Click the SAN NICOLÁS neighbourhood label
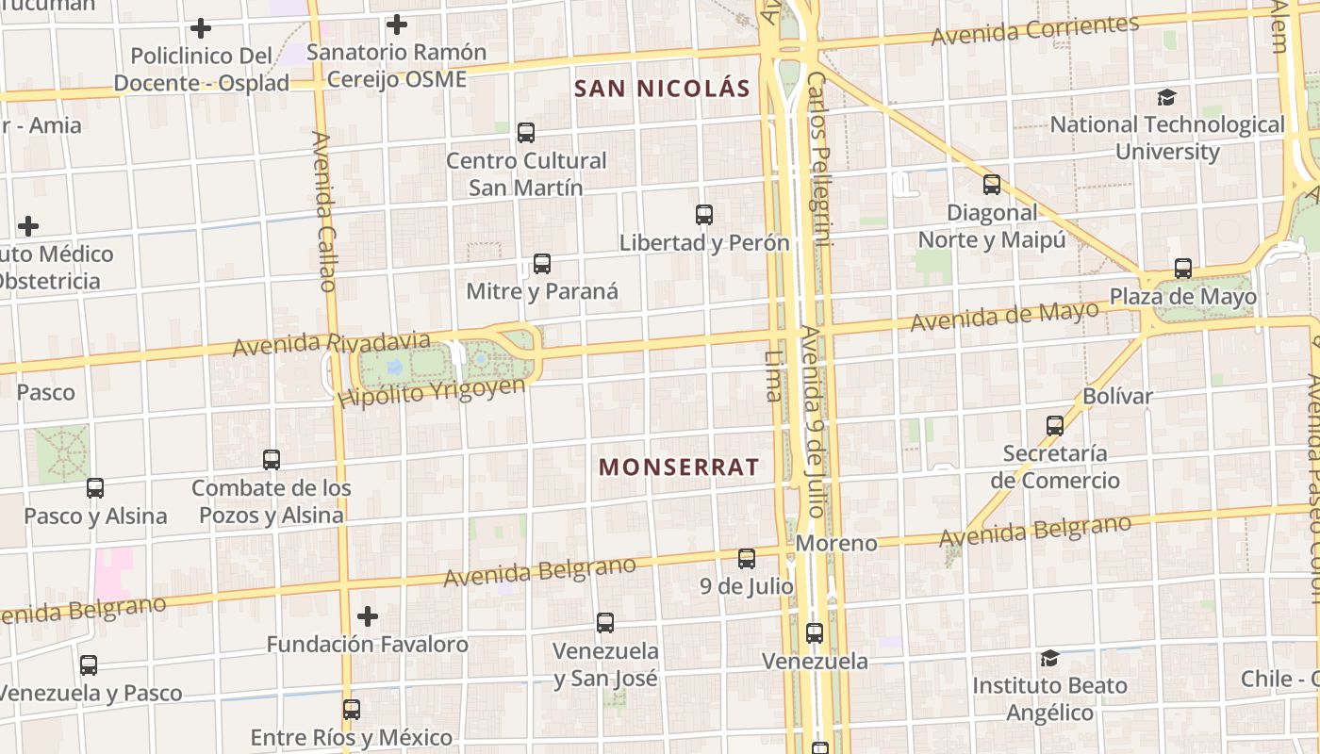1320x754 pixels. tap(662, 90)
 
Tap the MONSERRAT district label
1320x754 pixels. tap(679, 467)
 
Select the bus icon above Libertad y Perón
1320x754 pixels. tap(704, 215)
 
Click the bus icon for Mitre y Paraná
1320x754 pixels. tap(542, 264)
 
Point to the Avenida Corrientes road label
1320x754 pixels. tap(1034, 30)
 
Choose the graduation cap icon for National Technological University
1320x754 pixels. tap(1167, 97)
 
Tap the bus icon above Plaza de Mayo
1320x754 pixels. tap(1183, 269)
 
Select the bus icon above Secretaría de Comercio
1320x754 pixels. tap(1055, 426)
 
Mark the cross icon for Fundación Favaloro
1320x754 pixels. tap(368, 616)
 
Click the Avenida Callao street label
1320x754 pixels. tap(323, 211)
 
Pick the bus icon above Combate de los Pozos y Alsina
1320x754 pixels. tap(272, 460)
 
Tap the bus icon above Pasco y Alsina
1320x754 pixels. tap(95, 488)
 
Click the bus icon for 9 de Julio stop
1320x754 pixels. tap(747, 559)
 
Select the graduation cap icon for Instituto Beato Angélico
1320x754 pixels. tap(1049, 658)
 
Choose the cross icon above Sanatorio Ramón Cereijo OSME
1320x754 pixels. tap(397, 25)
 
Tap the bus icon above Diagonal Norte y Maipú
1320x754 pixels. tap(992, 185)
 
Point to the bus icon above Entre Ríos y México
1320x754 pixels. tap(352, 709)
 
